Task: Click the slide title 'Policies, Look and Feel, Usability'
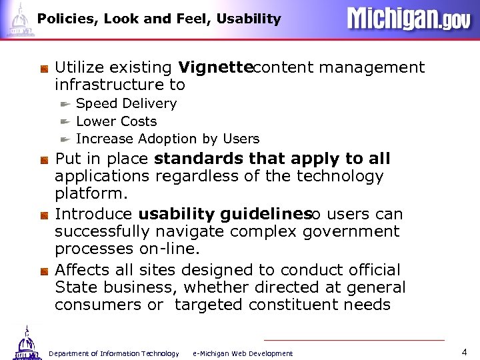pyautogui.click(x=159, y=19)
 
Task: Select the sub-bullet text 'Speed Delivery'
pyautogui.click(x=126, y=103)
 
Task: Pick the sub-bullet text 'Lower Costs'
pyautogui.click(x=116, y=121)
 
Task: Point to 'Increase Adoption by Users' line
pyautogui.click(x=167, y=139)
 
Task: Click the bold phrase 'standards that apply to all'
pyautogui.click(x=272, y=159)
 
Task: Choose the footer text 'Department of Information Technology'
pyautogui.click(x=114, y=353)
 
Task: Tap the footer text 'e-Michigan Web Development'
pyautogui.click(x=242, y=353)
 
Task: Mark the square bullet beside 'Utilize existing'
pyautogui.click(x=43, y=68)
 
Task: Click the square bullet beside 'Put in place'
pyautogui.click(x=43, y=160)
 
